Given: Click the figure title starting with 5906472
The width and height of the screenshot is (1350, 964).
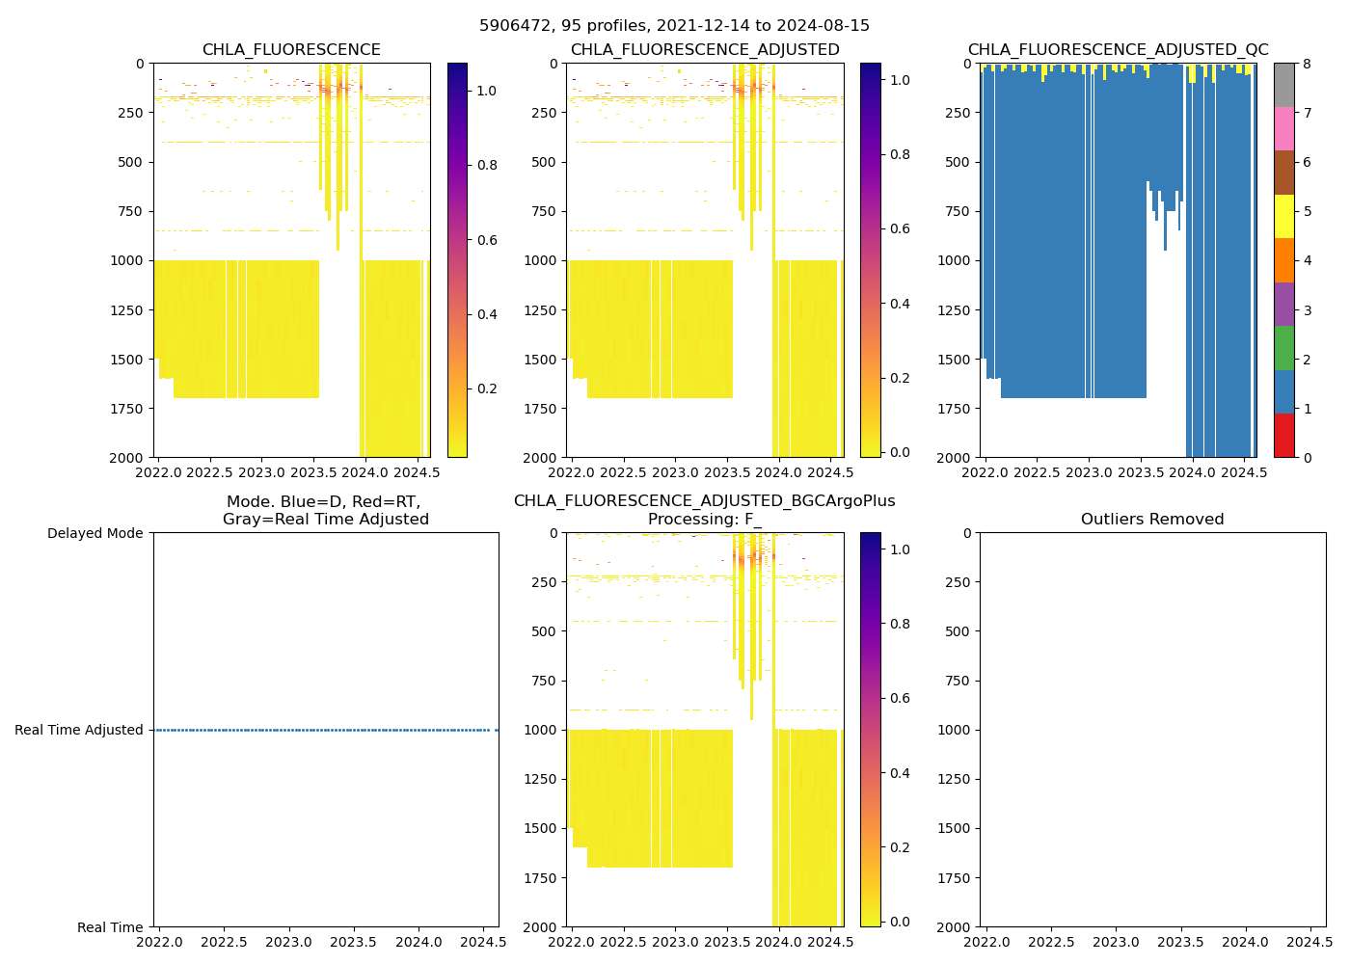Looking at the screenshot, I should tap(674, 26).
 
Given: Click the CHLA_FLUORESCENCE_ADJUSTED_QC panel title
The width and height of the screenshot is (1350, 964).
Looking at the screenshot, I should tap(1118, 50).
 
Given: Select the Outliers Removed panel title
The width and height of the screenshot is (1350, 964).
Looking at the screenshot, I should tap(1152, 520).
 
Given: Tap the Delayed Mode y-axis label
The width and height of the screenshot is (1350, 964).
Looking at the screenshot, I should tap(94, 533).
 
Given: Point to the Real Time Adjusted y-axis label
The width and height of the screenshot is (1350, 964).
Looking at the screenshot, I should tap(79, 730).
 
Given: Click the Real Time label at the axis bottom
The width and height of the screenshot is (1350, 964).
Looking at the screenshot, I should tap(110, 927).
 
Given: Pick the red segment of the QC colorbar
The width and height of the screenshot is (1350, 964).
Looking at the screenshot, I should tap(1283, 435).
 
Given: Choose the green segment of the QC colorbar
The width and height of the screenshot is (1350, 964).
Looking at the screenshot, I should tap(1283, 347).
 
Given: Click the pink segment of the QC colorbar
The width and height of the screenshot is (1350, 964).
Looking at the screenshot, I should tap(1283, 128).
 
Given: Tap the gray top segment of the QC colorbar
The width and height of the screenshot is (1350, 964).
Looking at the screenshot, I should tap(1283, 85).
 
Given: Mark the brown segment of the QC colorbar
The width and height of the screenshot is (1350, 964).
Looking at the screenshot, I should tap(1283, 173).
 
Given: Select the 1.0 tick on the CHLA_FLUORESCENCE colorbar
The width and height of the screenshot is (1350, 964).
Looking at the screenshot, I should tap(487, 91).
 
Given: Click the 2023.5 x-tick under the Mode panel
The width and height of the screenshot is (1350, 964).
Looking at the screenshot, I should tap(354, 941).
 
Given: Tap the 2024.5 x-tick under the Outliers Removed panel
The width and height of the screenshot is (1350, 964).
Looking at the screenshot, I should tap(1309, 941).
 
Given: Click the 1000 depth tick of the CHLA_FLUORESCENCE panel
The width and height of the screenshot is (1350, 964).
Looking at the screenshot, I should tap(127, 260).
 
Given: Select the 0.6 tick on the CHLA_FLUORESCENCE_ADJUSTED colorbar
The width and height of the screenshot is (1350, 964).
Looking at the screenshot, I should tap(900, 228).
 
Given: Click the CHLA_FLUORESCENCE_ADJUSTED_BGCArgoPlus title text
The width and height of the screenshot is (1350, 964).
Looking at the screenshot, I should tap(704, 501).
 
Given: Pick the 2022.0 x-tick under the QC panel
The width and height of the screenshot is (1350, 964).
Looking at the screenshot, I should tap(985, 472).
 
